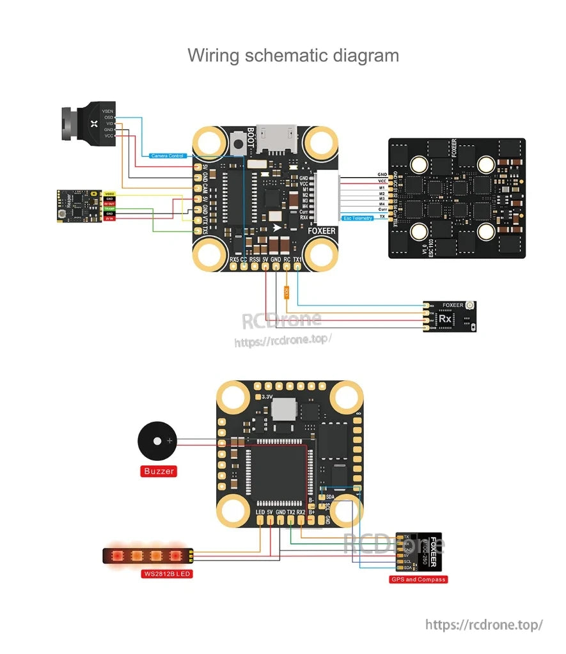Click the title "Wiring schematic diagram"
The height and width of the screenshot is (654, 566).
293,55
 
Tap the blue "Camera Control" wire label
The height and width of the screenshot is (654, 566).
168,156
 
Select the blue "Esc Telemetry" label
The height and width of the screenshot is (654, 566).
358,218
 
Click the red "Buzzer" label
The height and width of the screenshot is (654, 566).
159,471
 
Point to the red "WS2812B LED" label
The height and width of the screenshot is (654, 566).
167,573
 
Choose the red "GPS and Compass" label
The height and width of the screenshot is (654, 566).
418,579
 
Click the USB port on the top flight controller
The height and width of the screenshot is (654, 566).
275,136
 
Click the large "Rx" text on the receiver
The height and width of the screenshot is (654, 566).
446,318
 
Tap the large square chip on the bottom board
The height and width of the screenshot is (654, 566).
282,467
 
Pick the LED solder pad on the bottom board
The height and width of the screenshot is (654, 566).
260,520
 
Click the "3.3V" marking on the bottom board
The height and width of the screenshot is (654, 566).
263,396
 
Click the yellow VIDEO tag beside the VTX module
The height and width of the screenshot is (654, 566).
109,193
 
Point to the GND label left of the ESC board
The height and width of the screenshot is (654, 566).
382,174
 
